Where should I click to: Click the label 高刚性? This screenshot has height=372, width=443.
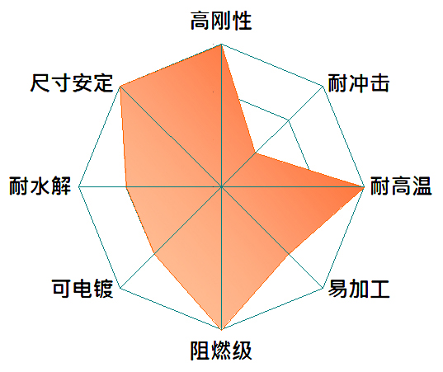(221, 21)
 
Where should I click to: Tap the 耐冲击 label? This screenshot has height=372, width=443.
(359, 83)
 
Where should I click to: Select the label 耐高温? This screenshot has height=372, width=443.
(401, 186)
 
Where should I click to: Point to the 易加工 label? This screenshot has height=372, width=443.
(359, 289)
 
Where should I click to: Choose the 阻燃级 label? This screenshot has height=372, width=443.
(221, 351)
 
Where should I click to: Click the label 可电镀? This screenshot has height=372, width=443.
(82, 289)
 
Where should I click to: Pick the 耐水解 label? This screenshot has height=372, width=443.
(40, 186)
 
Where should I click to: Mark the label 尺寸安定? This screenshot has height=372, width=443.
(72, 83)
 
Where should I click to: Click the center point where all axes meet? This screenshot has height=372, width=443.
(221, 186)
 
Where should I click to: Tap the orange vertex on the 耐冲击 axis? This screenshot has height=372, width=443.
(256, 153)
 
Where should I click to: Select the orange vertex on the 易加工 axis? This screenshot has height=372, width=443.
(289, 254)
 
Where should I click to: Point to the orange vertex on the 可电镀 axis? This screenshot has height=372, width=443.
(154, 254)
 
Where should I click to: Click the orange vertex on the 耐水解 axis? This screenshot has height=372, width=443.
(126, 186)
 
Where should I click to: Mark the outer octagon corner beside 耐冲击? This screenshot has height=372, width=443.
(323, 86)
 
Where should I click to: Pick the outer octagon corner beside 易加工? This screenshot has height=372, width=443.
(323, 288)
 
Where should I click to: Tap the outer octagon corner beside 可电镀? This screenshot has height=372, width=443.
(120, 288)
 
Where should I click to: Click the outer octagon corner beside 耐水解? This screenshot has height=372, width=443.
(79, 186)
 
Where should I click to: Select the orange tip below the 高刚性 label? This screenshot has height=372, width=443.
(221, 45)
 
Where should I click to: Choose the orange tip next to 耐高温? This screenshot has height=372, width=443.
(364, 186)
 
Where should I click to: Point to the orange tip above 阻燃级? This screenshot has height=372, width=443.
(221, 329)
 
